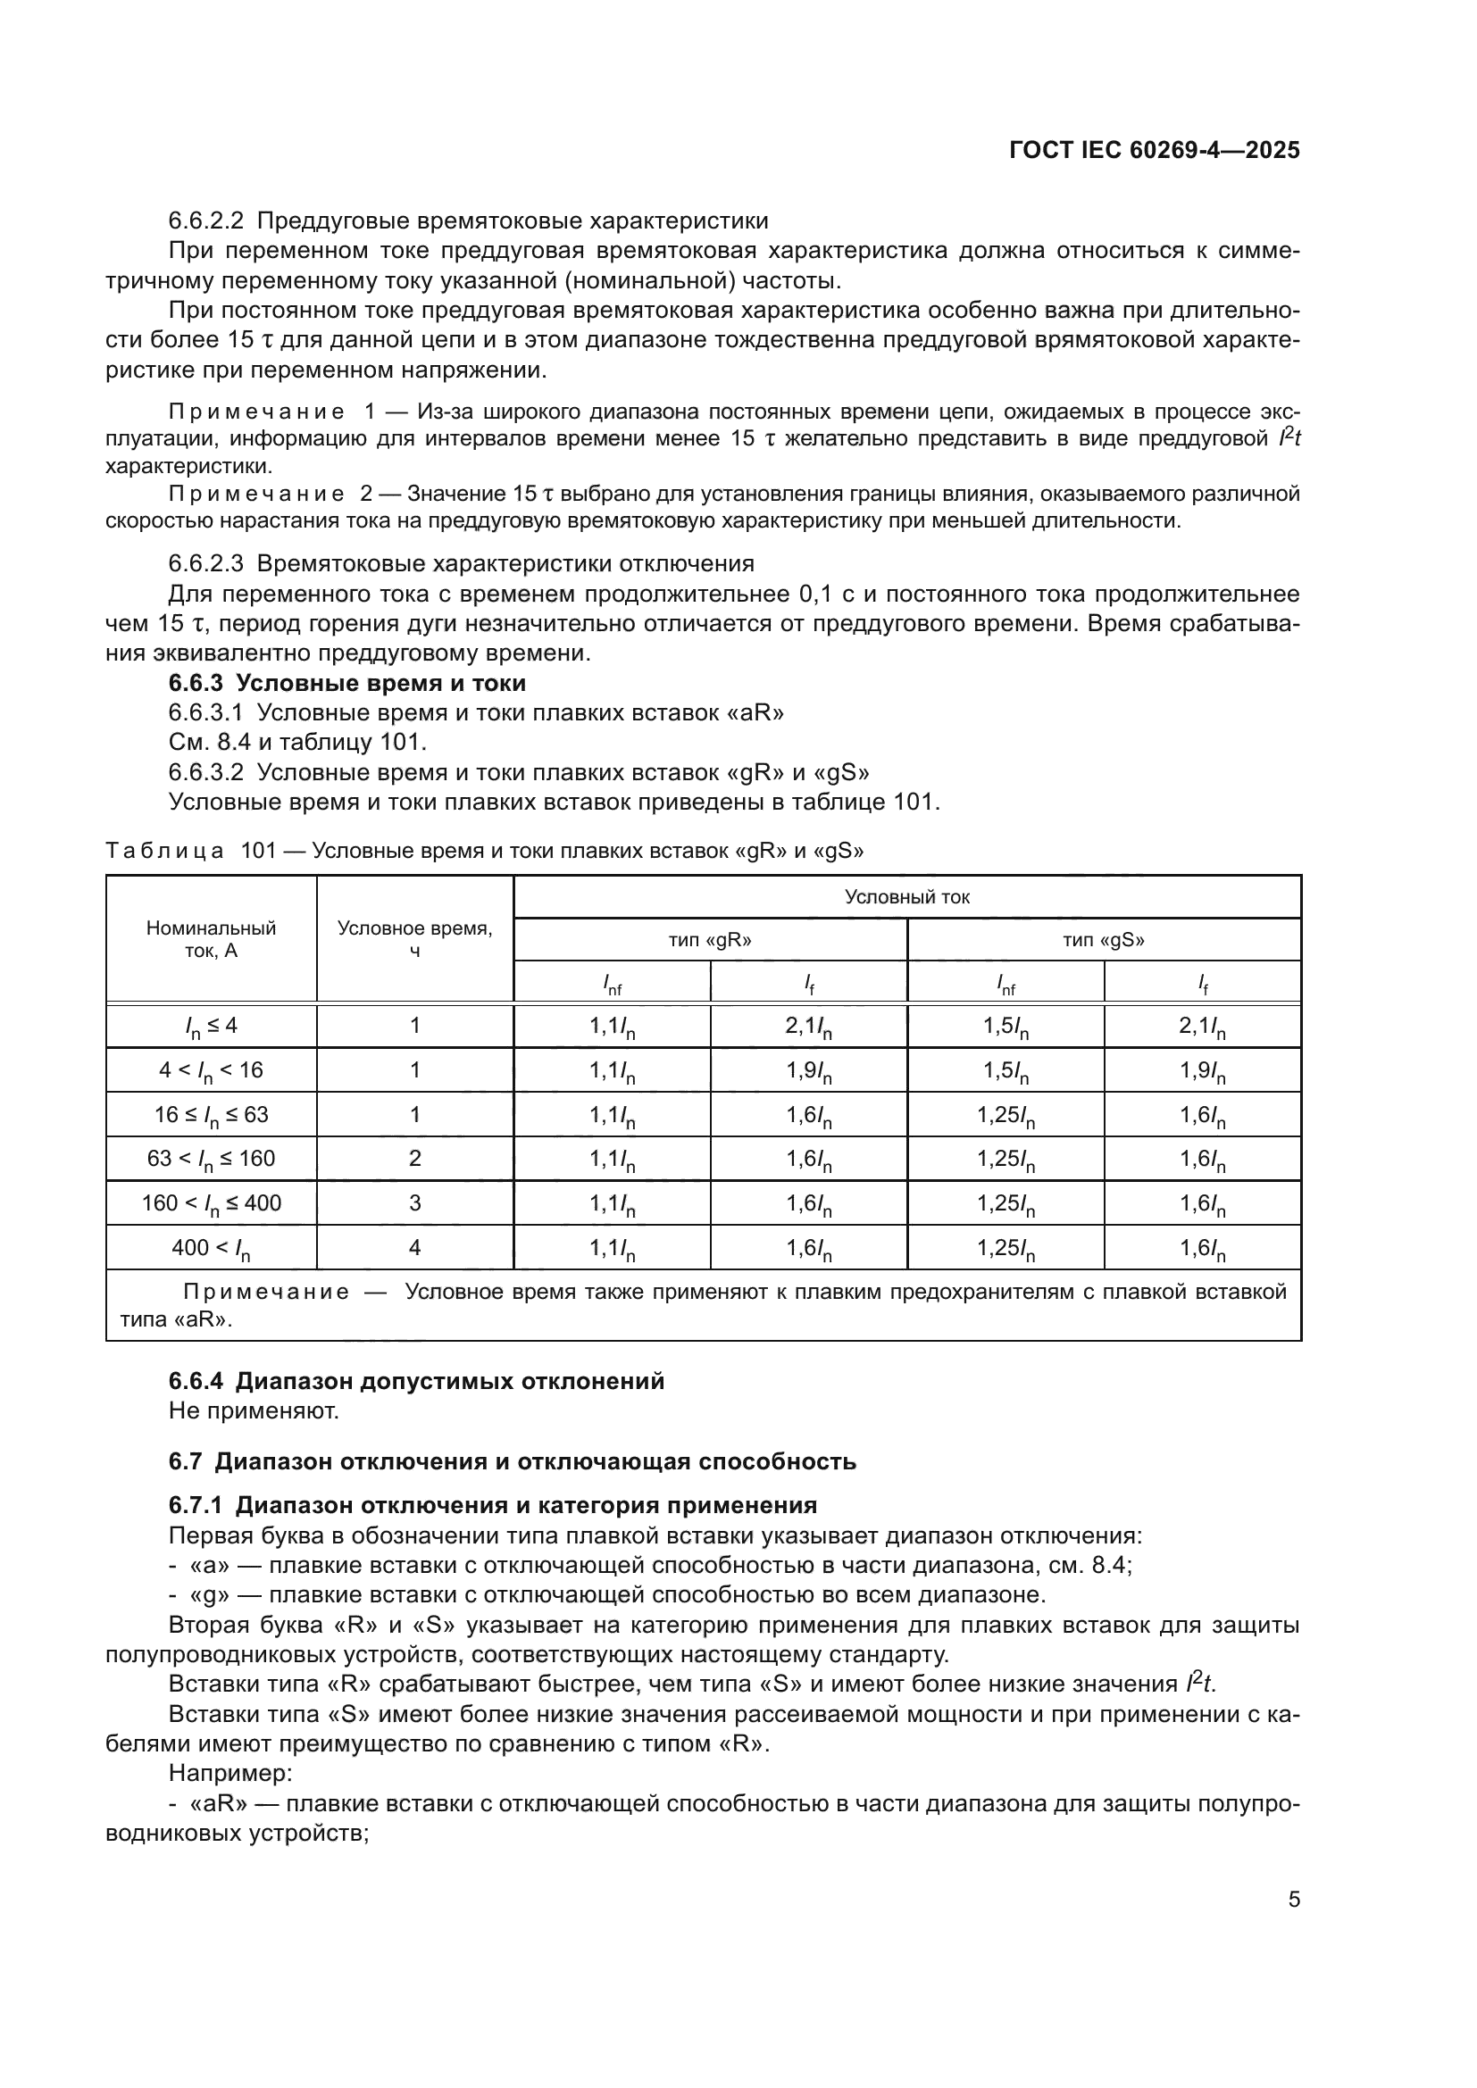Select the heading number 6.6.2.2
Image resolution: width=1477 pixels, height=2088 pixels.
pos(205,221)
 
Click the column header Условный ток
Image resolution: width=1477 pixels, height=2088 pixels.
pos(906,896)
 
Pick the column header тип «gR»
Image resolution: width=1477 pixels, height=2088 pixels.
pos(709,940)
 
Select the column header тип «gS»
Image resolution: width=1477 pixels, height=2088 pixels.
pos(1103,940)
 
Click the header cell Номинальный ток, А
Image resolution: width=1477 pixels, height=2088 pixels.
pos(211,939)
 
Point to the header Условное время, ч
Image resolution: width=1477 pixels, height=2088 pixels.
pos(414,939)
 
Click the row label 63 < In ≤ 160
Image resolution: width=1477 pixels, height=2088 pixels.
pos(211,1159)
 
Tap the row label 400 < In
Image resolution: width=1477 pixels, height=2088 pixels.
pos(211,1248)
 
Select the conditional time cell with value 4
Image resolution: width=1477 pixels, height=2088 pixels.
pos(414,1248)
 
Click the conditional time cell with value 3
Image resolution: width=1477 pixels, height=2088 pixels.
pos(414,1203)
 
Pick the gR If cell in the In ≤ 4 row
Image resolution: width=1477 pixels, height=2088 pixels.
pos(808,1027)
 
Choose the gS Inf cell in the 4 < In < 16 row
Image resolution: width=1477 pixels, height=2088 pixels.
pos(1005,1070)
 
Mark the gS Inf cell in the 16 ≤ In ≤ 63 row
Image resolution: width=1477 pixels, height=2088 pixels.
pos(1005,1115)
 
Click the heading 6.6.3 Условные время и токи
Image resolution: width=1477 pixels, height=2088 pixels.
pos(346,682)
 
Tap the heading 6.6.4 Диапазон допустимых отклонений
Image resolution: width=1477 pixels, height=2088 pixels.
pos(416,1381)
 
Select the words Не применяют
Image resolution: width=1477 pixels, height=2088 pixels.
pos(254,1411)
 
